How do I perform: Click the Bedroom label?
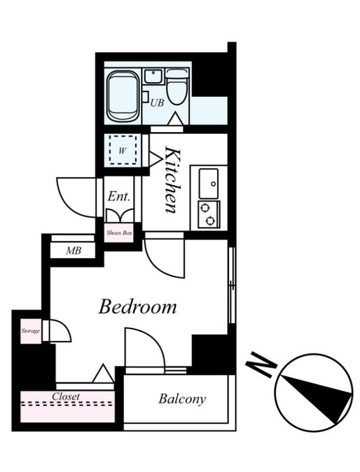click(x=138, y=307)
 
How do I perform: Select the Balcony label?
click(x=182, y=399)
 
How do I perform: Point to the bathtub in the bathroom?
click(x=123, y=96)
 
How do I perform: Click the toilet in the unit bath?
click(x=177, y=87)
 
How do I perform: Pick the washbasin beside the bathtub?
click(x=153, y=77)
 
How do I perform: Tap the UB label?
click(x=157, y=103)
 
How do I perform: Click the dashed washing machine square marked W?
click(x=123, y=150)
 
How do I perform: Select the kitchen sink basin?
click(x=208, y=183)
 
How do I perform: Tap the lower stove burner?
click(x=210, y=221)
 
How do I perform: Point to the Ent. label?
click(x=119, y=197)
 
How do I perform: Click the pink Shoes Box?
click(x=119, y=232)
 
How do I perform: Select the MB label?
click(x=74, y=251)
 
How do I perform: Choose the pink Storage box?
click(x=31, y=331)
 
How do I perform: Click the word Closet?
click(x=66, y=396)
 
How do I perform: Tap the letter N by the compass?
click(x=261, y=365)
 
